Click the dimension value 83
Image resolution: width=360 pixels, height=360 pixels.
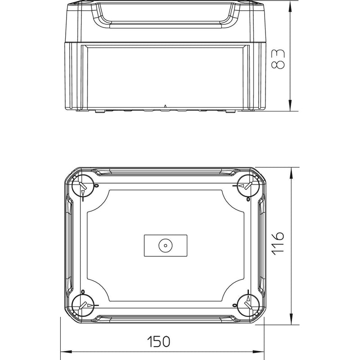(x=278, y=59)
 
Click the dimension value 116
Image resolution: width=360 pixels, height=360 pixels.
(x=278, y=243)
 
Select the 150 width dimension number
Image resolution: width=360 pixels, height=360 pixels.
(x=159, y=342)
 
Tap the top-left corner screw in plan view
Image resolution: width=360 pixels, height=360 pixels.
(x=83, y=185)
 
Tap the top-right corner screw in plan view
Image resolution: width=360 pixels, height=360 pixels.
(x=248, y=185)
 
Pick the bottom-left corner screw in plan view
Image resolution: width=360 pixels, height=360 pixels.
(x=83, y=306)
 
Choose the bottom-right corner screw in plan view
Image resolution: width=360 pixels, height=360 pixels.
(x=248, y=306)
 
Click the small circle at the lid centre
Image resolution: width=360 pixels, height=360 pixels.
(x=166, y=245)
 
